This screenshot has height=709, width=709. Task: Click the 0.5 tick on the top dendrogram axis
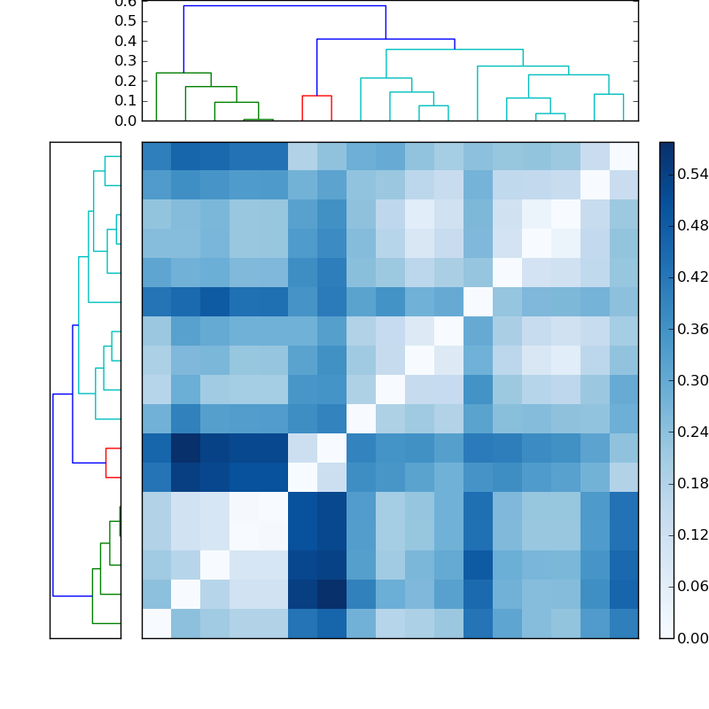pyautogui.click(x=126, y=21)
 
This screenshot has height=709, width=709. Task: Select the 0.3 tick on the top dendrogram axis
pyautogui.click(x=126, y=61)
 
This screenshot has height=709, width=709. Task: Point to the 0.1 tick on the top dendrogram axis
pyautogui.click(x=126, y=101)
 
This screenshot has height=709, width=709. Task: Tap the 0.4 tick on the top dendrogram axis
pyautogui.click(x=126, y=41)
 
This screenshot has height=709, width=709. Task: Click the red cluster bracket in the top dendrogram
pyautogui.click(x=316, y=96)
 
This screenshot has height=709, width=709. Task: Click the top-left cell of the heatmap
pyautogui.click(x=156, y=156)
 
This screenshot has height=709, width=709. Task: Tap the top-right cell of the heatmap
pyautogui.click(x=624, y=156)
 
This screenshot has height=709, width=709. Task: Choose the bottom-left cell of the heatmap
pyautogui.click(x=156, y=623)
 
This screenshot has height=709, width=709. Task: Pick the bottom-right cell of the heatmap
pyautogui.click(x=624, y=623)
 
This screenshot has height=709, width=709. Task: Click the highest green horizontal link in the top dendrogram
pyautogui.click(x=183, y=73)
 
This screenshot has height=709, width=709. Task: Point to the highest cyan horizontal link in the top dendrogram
pyautogui.click(x=455, y=50)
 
